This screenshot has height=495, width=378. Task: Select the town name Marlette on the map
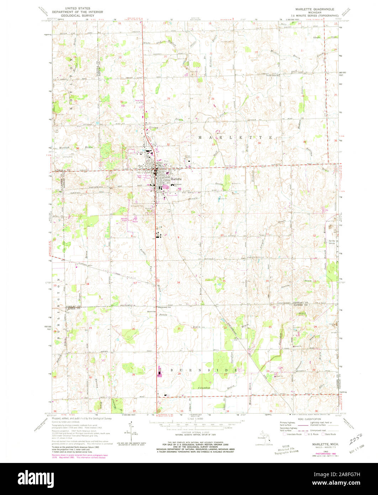pos(176,179)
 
